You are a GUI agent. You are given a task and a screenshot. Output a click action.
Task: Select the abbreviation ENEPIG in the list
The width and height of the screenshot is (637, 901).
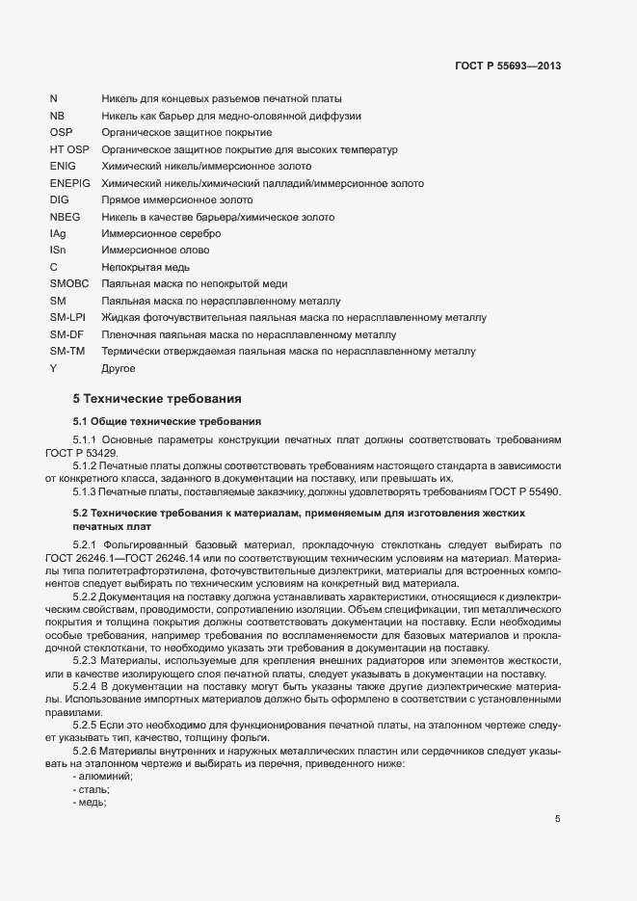pos(69,183)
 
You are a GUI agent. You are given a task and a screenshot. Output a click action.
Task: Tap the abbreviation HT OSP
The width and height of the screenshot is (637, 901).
pos(68,150)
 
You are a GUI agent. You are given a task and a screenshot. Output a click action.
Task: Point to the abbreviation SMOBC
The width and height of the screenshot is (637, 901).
pos(69,283)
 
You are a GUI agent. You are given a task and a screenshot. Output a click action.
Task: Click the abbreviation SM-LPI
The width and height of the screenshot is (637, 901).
pos(67,317)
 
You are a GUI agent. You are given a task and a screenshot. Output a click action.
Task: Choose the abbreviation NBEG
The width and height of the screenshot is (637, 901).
pos(66,217)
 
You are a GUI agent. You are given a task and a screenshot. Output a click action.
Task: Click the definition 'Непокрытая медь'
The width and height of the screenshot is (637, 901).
pos(146,267)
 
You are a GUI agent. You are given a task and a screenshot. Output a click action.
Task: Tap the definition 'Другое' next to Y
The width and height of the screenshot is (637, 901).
pos(119,367)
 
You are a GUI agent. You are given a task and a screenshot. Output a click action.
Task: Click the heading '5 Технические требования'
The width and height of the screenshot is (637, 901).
pos(157,398)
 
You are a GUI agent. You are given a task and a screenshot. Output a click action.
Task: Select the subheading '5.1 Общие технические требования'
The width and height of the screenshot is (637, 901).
pos(162,422)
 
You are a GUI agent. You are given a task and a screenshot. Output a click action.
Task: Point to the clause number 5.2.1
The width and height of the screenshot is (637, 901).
pos(89,546)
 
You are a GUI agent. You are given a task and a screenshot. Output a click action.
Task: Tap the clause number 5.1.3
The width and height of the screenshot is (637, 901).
pos(89,491)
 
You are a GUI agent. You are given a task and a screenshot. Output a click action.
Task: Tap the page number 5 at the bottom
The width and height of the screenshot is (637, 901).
pos(557,819)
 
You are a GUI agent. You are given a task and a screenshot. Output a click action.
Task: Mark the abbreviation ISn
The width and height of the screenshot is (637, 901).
pos(59,251)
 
